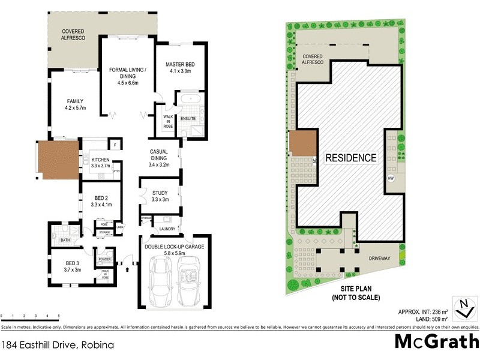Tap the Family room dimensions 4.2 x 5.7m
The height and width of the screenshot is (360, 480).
pos(76,109)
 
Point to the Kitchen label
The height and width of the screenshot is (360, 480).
pos(100,160)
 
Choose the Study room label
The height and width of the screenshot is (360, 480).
pos(160,193)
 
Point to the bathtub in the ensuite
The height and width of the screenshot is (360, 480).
pos(189,98)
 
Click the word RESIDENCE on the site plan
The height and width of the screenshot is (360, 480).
pos(350,158)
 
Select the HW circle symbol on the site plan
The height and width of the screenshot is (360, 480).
pos(391,179)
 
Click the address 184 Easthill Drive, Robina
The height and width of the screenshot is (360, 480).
pos(58,345)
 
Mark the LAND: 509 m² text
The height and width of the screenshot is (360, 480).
pos(424,319)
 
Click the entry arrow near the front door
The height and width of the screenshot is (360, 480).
pos(127,269)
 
